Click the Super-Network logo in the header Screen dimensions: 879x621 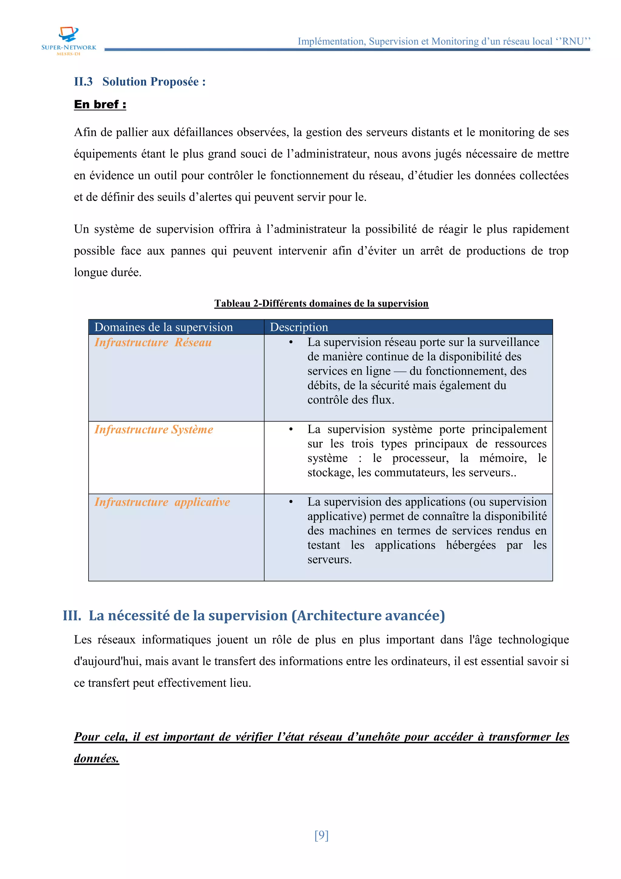(69, 40)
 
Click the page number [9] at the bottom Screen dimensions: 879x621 (321, 835)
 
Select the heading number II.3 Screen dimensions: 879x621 (83, 82)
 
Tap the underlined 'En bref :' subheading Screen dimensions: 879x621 (100, 104)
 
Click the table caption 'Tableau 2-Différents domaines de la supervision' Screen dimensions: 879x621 (321, 303)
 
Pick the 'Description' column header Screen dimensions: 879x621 (299, 327)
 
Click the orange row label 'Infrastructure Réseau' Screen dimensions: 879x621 (153, 342)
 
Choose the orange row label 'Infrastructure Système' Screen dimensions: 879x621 (154, 429)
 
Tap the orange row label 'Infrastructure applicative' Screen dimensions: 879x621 (162, 502)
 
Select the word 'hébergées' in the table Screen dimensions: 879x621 (471, 545)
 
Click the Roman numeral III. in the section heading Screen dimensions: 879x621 (72, 616)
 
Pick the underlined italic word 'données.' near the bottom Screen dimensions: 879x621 (96, 759)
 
